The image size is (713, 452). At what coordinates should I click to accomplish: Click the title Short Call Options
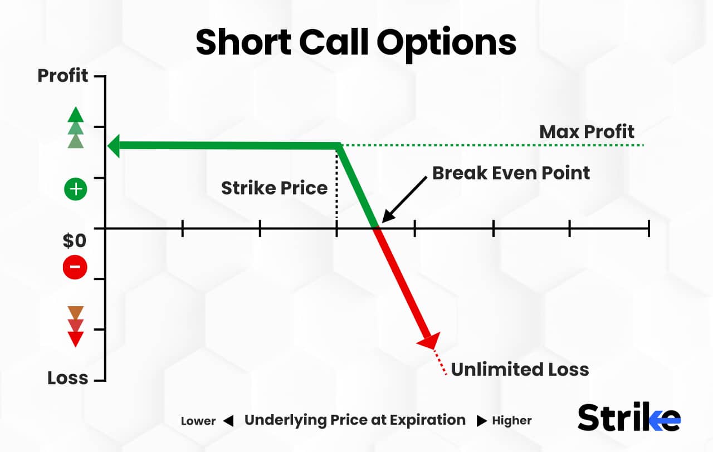356,42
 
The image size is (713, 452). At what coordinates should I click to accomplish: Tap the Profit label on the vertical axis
63,76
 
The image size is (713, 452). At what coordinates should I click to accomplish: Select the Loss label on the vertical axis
67,378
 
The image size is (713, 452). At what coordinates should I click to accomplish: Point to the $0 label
74,241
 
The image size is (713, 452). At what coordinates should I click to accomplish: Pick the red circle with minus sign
75,268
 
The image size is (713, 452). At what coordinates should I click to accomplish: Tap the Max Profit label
587,132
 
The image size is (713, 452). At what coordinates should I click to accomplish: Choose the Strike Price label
274,188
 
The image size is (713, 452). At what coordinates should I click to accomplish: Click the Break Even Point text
511,173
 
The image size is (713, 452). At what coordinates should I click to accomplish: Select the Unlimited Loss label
520,369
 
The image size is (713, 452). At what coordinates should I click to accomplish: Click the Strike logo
628,417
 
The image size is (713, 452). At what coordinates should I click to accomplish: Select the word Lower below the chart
198,421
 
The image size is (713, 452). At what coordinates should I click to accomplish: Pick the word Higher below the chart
511,421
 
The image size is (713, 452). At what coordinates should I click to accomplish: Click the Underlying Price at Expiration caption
355,420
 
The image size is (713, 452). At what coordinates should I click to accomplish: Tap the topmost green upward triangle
75,115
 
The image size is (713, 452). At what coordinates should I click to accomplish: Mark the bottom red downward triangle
75,338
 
